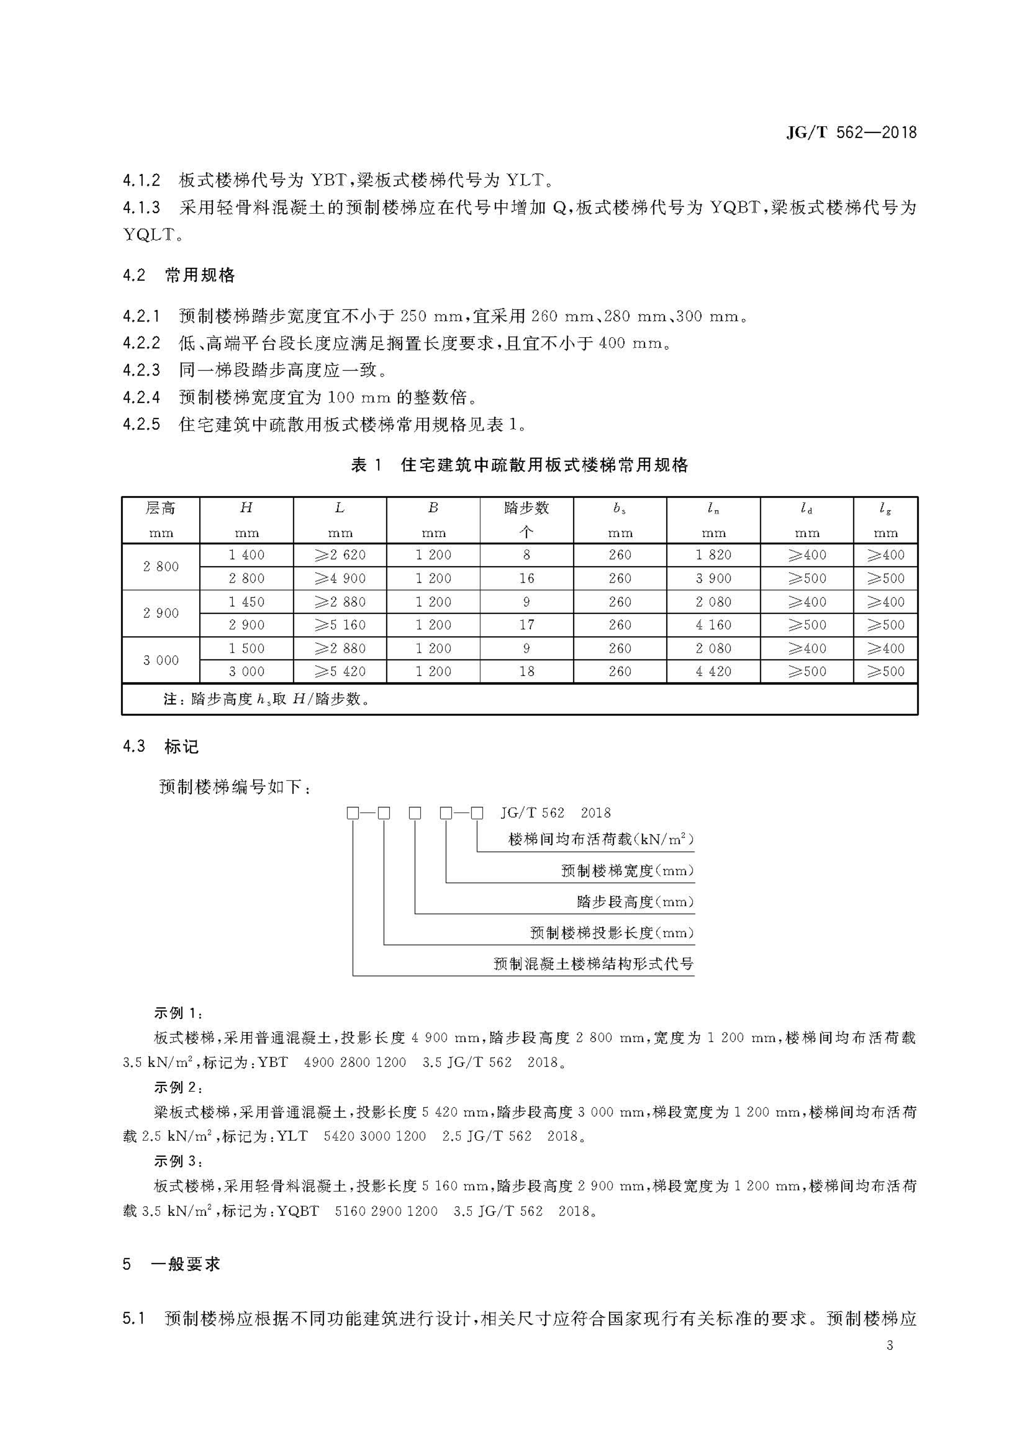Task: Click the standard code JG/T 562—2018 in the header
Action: [851, 133]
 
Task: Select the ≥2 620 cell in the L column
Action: [340, 555]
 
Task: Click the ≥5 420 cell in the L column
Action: [340, 671]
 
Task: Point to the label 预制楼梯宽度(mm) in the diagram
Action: [627, 871]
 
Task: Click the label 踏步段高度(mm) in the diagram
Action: [635, 902]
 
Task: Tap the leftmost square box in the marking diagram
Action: [353, 813]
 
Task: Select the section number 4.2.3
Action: [142, 370]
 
